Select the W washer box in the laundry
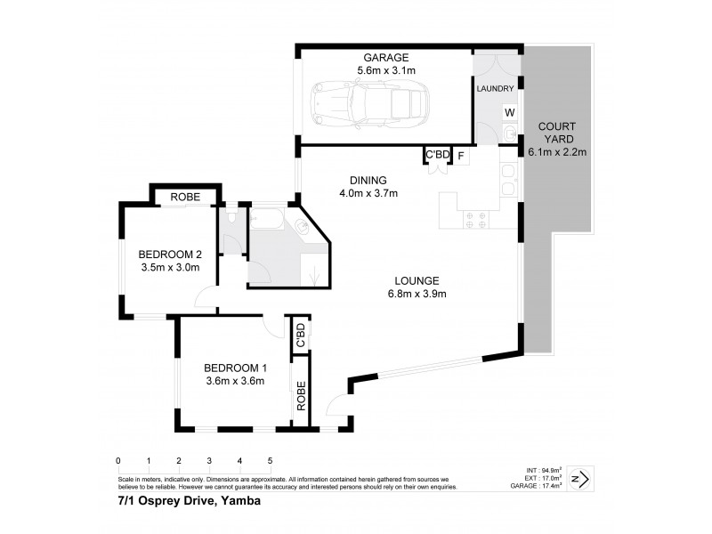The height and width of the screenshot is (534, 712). tap(510, 113)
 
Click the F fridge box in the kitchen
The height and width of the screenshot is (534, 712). tap(461, 156)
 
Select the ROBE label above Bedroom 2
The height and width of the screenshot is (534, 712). tap(186, 197)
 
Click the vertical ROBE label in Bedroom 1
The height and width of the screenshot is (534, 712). tap(301, 397)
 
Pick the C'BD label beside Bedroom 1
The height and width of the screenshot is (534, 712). tap(301, 335)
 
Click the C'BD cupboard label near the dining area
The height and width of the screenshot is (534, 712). tap(436, 156)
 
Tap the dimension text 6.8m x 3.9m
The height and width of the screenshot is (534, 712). tap(418, 295)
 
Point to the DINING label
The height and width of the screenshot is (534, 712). tap(368, 179)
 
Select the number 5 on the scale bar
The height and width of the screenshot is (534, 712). tap(270, 461)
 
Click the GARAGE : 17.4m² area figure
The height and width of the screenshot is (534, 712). tap(540, 487)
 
